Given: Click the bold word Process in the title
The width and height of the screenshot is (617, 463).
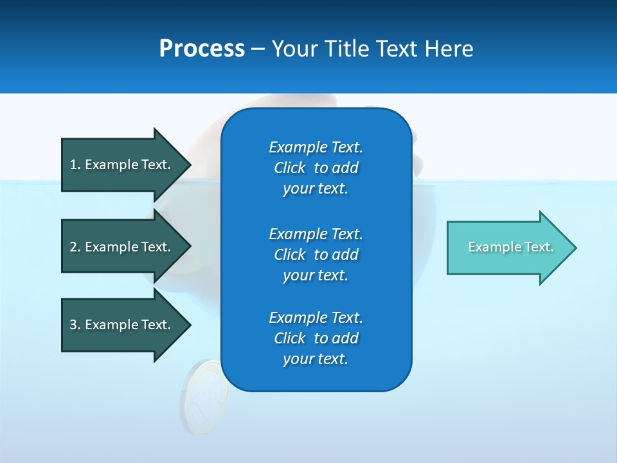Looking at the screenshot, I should tap(202, 49).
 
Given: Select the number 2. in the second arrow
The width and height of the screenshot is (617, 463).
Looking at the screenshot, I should tap(75, 247).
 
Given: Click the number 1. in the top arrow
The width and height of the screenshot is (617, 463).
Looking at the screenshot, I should tap(75, 165).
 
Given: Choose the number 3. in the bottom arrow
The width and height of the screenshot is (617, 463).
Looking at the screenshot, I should tap(75, 325).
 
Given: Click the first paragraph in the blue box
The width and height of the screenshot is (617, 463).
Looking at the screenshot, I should tap(316, 168).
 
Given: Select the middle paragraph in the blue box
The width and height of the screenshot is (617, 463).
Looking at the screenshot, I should tap(316, 254).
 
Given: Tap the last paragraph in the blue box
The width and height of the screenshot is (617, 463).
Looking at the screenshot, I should tap(316, 338).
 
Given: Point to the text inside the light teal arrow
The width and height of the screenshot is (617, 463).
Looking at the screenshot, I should tap(510, 247).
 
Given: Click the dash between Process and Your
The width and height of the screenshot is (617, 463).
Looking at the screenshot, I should tap(258, 49).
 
